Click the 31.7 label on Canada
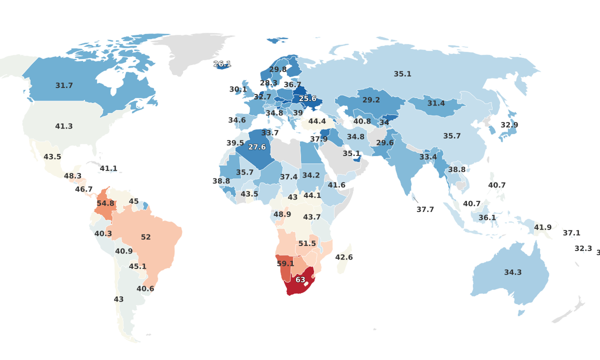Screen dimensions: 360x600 pos(64,85)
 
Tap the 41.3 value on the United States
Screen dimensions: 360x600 pos(64,126)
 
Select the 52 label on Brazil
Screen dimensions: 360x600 pos(146,237)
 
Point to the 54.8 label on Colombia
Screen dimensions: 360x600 pos(105,203)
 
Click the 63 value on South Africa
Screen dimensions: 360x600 pos(300,279)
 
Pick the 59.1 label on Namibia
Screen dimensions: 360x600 pos(285,263)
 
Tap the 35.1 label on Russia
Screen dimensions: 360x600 pos(402,74)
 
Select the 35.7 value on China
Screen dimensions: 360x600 pos(452,135)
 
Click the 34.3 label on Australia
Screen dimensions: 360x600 pos(512,272)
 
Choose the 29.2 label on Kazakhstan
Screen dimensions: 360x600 pos(371,100)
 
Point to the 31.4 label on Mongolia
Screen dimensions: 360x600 pos(436,103)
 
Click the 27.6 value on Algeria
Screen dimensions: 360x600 pos(257,147)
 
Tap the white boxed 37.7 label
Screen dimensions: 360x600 pos(425,209)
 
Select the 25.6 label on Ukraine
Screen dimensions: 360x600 pos(307,99)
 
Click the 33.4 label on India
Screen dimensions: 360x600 pos(428,157)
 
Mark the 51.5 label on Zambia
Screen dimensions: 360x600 pos(307,243)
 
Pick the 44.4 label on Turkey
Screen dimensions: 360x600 pos(317,121)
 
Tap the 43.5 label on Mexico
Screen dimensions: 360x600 pos(52,156)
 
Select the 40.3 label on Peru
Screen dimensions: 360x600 pos(103,233)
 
